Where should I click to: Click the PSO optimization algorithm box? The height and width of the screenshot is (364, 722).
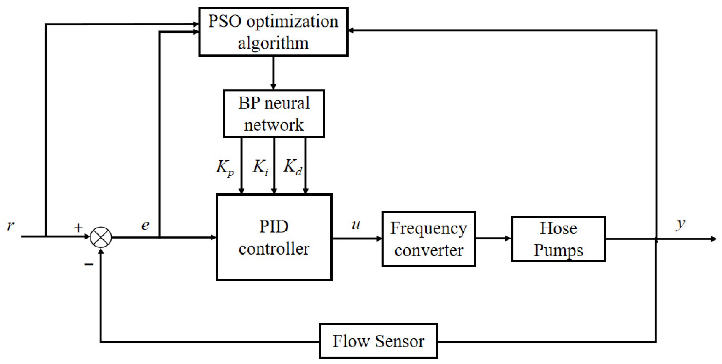coord(273,32)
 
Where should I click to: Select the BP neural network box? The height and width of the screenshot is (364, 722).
coord(274,114)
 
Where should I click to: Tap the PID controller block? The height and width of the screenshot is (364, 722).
coord(274,237)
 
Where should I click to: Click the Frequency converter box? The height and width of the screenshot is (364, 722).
coord(429,239)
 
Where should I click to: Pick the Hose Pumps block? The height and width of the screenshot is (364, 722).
coord(558,239)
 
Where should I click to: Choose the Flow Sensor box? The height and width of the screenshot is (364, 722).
coord(378,341)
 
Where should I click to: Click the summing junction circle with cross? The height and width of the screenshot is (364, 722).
coord(101,237)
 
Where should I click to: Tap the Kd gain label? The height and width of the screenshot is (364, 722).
coord(293,167)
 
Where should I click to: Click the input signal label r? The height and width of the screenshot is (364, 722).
coord(10,225)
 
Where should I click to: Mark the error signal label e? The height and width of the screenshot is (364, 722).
coord(145,225)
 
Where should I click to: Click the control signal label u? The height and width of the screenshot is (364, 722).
coord(356,225)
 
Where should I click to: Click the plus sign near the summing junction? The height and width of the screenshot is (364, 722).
coord(78,228)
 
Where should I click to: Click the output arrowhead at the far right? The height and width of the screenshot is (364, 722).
coord(713,239)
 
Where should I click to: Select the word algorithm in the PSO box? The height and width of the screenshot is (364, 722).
coord(273,43)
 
